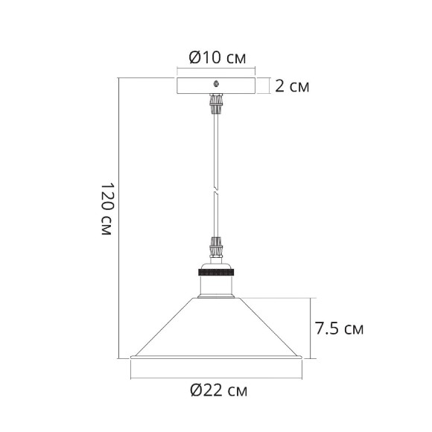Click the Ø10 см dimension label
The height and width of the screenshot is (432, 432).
216,56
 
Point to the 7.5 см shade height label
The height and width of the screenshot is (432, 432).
339,328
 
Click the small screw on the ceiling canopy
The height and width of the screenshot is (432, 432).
216,83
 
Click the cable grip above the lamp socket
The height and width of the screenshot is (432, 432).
216,247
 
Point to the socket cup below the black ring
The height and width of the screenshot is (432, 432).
216,283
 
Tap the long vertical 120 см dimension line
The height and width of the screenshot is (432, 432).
121,216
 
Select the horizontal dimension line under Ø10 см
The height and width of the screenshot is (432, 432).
216,70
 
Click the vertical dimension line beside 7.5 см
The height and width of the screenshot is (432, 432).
308,328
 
